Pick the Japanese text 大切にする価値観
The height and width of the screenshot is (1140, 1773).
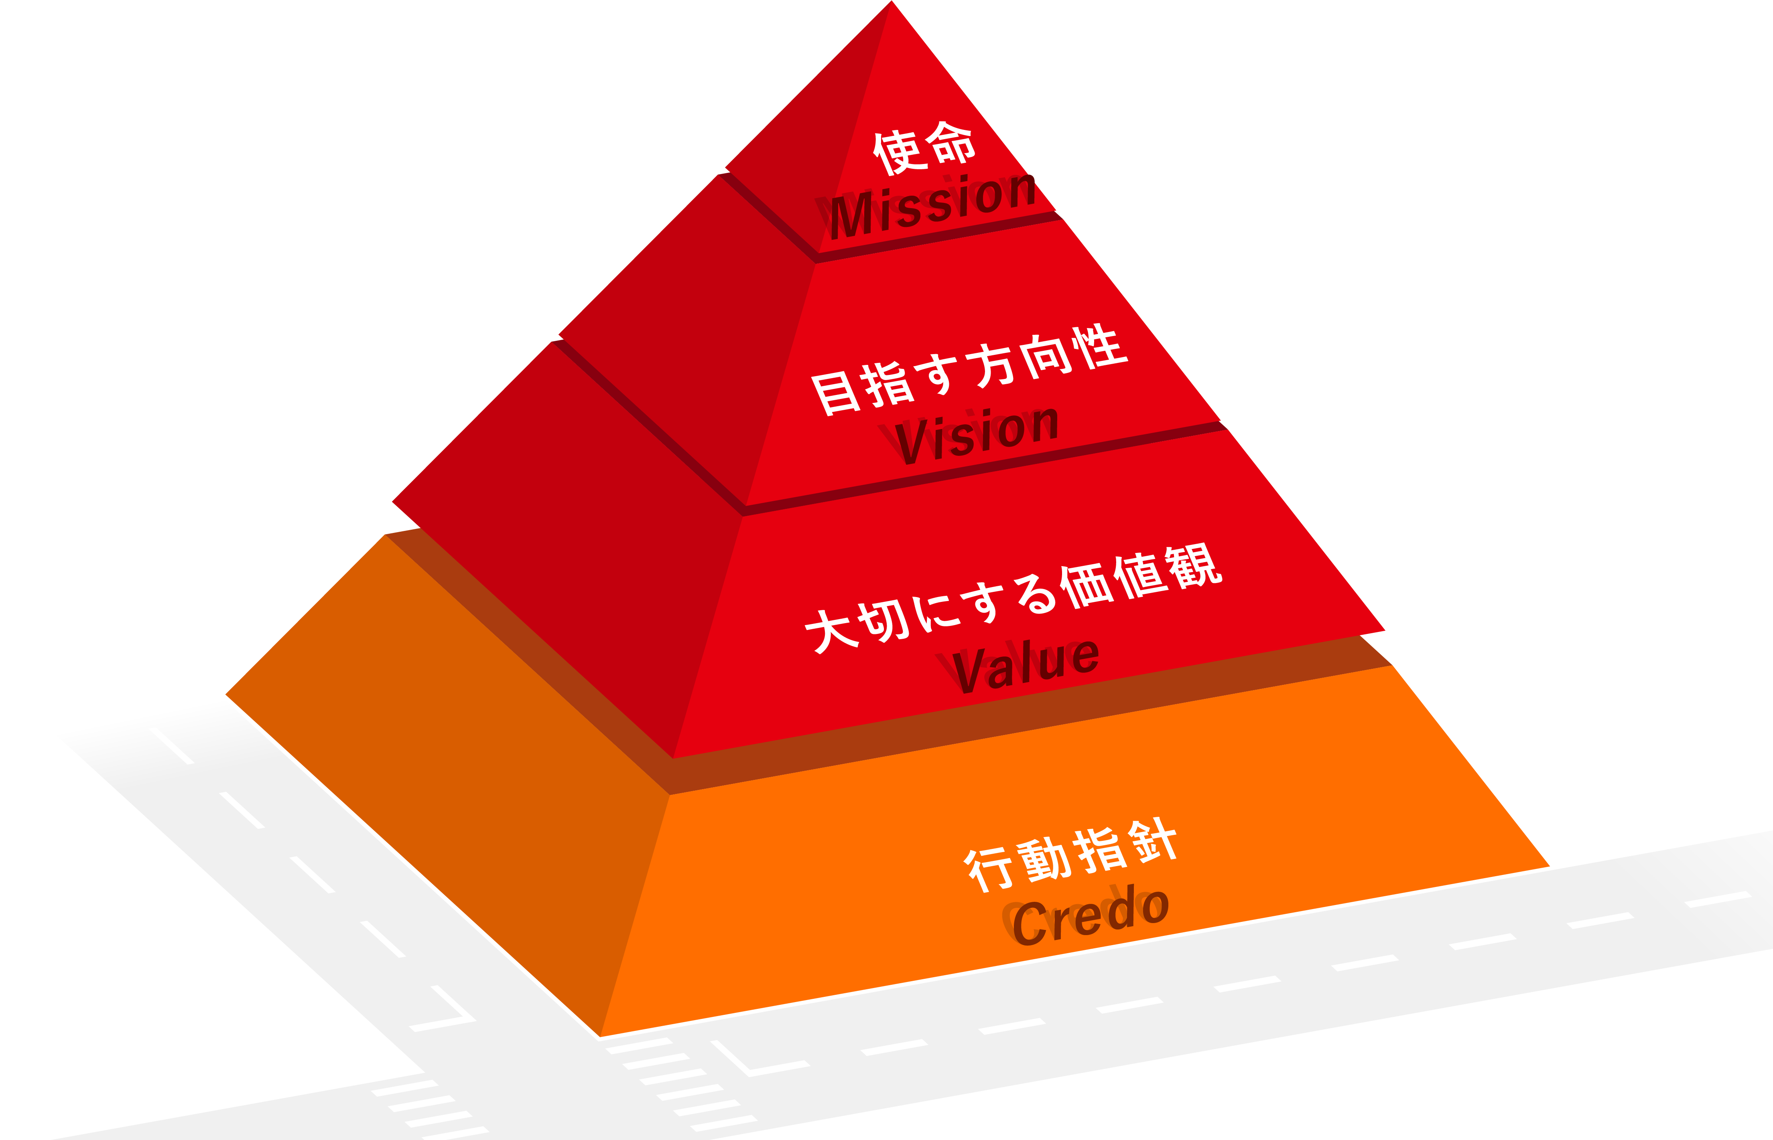pyautogui.click(x=1013, y=598)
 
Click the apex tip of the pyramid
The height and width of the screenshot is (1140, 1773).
pyautogui.click(x=892, y=2)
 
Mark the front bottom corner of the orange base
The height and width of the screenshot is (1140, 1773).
pyautogui.click(x=600, y=1037)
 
